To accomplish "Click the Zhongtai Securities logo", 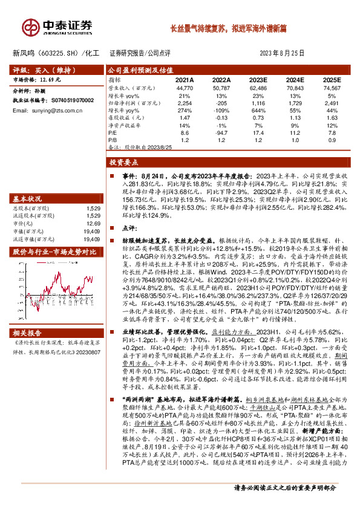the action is coord(58,27).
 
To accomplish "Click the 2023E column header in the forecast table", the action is coord(258,80).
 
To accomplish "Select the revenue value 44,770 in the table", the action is coord(185,88).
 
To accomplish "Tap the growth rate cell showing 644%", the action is coord(258,110).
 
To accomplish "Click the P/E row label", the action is coord(113,132).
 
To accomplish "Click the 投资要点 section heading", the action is coord(123,163).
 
